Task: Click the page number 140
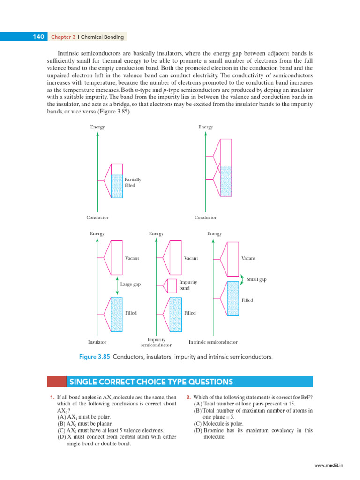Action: click(x=38, y=37)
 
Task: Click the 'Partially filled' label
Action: click(x=133, y=182)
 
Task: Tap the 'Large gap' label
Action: click(x=130, y=285)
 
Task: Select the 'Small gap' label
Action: click(x=256, y=279)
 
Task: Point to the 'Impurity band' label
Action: click(x=188, y=285)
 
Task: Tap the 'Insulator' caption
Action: click(x=97, y=342)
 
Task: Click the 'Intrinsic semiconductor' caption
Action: click(x=213, y=342)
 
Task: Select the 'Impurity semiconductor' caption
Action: click(x=156, y=342)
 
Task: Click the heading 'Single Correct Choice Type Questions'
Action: click(x=151, y=382)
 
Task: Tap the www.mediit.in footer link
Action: click(x=329, y=466)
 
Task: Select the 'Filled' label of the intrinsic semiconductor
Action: click(x=247, y=300)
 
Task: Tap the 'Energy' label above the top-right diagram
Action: click(x=205, y=127)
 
